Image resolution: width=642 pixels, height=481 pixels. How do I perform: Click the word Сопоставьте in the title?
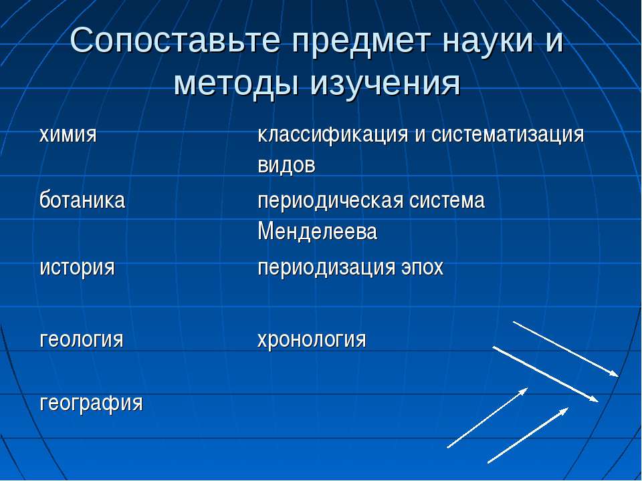click(x=175, y=41)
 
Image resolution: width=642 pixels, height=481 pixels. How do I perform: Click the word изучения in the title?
click(x=384, y=84)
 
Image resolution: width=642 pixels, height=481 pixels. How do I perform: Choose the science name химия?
click(x=68, y=134)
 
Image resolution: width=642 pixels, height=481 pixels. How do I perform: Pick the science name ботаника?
click(x=82, y=200)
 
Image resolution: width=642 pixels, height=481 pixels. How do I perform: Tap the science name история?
click(x=77, y=267)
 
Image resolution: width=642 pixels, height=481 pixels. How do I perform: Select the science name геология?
click(x=81, y=339)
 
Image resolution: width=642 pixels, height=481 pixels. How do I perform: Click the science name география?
click(x=91, y=404)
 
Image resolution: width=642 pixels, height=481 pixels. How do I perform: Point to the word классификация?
click(x=333, y=134)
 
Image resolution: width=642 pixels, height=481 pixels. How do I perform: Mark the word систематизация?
click(x=508, y=134)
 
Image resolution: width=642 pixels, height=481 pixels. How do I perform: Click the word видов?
click(x=287, y=165)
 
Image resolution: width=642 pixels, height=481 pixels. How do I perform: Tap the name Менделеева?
click(x=317, y=231)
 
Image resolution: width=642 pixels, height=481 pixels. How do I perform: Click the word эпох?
click(x=421, y=267)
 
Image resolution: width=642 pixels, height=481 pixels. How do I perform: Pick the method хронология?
click(x=312, y=339)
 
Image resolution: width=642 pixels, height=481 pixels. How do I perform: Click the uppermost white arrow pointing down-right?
click(x=566, y=349)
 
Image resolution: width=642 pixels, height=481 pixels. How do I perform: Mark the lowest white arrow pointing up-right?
click(x=528, y=435)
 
